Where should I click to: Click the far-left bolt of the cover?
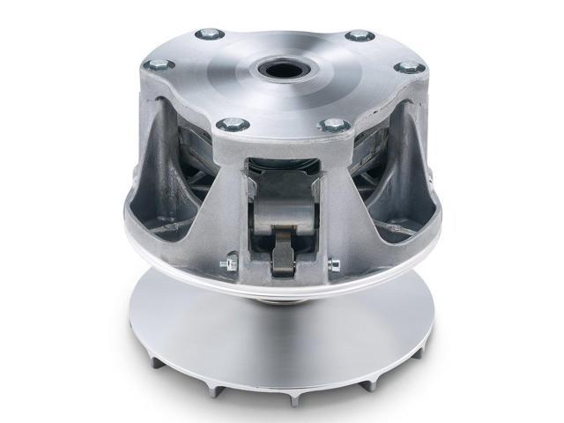159,64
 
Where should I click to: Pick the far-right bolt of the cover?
409,68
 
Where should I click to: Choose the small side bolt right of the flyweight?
333,263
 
